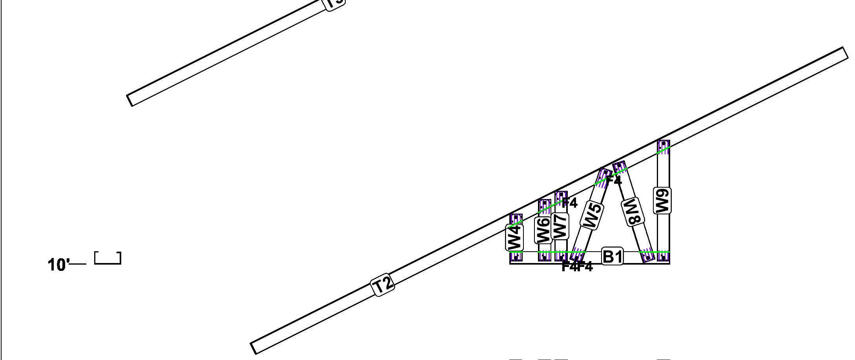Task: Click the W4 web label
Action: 514,238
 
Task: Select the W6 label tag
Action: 543,230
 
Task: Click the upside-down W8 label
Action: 633,212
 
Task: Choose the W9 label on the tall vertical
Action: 662,201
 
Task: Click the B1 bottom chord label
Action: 612,257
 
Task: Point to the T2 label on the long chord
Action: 383,285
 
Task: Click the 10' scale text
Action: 58,265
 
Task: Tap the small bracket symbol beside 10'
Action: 108,259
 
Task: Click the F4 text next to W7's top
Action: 570,203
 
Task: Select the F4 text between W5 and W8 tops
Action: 614,181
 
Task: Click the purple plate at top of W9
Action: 664,147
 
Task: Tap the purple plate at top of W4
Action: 516,220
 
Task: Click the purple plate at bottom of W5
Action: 576,256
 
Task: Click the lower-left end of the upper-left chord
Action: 130,100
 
